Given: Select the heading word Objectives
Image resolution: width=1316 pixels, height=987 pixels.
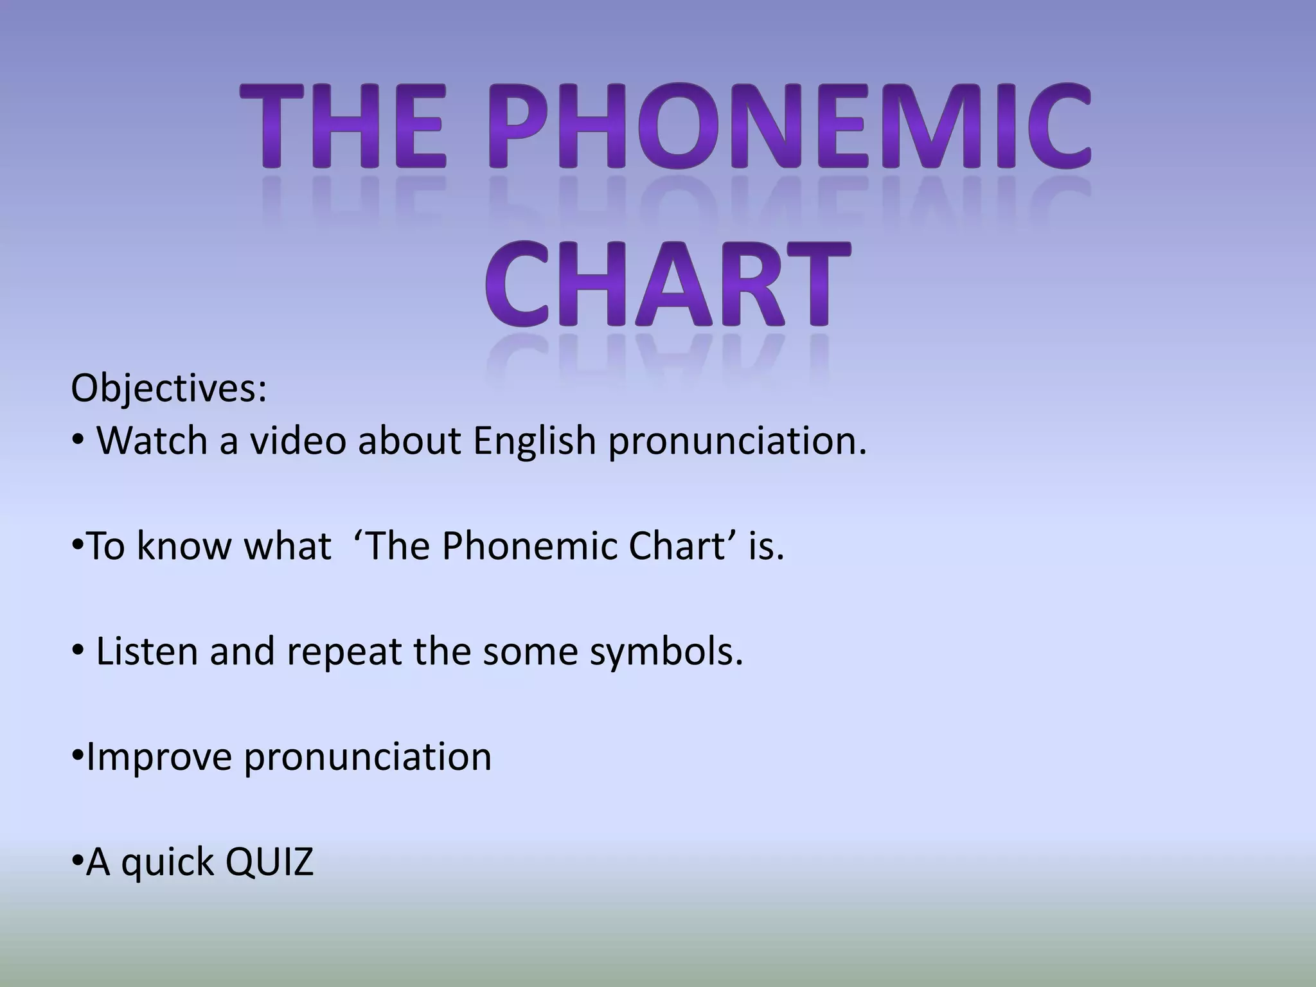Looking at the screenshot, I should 168,389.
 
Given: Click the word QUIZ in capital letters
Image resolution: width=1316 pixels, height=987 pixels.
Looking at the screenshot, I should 269,862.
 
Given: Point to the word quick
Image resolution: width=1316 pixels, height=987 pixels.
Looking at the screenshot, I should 168,863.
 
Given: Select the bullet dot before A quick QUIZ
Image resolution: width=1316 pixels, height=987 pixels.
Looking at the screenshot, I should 77,861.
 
